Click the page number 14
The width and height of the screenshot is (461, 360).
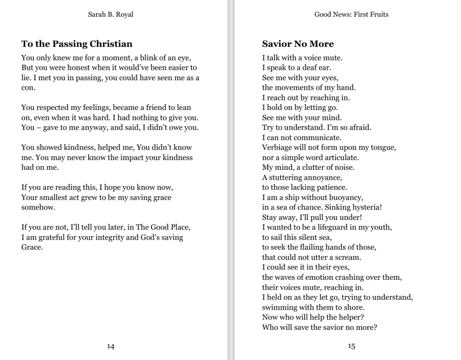pos(110,346)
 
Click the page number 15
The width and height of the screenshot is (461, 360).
pos(351,346)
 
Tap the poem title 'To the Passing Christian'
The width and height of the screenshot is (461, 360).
pos(77,44)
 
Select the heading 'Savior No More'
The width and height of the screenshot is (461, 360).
pos(298,44)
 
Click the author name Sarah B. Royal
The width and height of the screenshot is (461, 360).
pos(110,14)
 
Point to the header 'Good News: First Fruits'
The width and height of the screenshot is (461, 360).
pos(351,14)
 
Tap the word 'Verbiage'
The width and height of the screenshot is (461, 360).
pos(278,148)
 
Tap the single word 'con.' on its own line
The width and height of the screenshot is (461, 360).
pos(28,88)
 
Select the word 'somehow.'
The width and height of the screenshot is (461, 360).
pos(38,208)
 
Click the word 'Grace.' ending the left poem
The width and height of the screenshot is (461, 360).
pos(32,247)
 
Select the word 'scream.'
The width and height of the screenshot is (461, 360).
pos(347,258)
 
